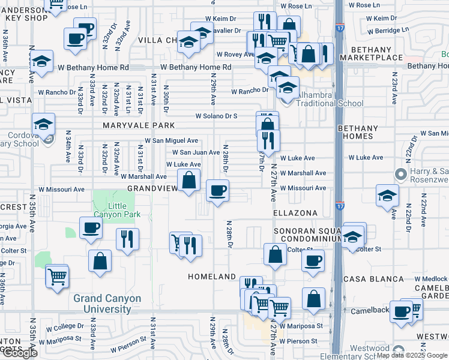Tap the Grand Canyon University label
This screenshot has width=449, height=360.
pos(107,304)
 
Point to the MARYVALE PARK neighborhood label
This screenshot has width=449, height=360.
pos(138,125)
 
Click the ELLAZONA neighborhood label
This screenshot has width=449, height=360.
pos(295,213)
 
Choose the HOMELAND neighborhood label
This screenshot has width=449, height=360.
pos(212,277)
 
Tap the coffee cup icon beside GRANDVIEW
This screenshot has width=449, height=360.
pos(217,191)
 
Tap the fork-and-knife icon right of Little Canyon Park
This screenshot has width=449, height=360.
pos(127,239)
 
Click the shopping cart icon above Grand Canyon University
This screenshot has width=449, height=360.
pos(58,277)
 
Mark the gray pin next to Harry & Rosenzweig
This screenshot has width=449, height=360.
pos(402,175)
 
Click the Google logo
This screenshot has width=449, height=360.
pos(20,353)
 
